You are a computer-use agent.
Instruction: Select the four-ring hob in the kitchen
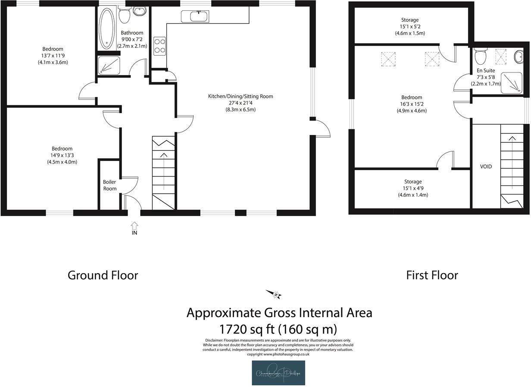click(x=160, y=46)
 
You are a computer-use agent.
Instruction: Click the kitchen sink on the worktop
click(x=195, y=17)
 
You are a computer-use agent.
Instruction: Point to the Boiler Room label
click(x=109, y=185)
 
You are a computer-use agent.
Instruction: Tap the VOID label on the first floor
click(x=486, y=167)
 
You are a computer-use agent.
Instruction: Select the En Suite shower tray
click(x=512, y=82)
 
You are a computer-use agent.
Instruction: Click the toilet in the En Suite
click(x=480, y=55)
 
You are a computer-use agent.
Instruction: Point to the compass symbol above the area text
click(x=274, y=294)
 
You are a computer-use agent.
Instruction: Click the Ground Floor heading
click(x=103, y=275)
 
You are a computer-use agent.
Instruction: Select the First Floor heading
click(x=432, y=275)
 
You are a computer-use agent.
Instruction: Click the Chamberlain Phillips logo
click(x=278, y=373)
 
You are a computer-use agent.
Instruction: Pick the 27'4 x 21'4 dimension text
click(x=241, y=103)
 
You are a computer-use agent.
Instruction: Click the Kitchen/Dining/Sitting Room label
click(x=241, y=96)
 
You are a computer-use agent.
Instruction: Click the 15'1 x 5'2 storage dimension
click(x=409, y=27)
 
